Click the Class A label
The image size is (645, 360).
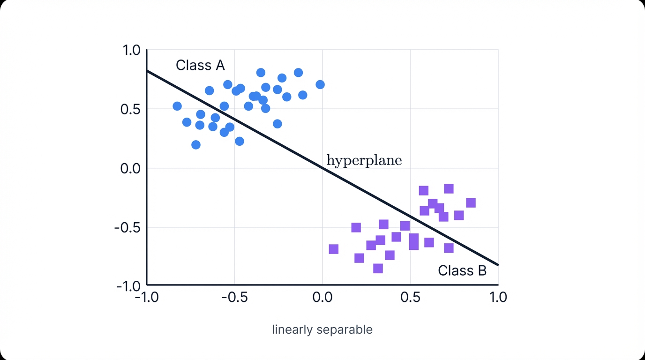(x=200, y=65)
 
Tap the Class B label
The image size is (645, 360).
(x=462, y=270)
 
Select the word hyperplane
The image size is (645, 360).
(x=364, y=161)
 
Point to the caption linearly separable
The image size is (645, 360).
(x=322, y=330)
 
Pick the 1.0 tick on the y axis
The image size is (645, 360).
(x=131, y=50)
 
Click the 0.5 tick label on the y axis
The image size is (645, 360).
(x=130, y=109)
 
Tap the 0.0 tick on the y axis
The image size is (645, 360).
(x=130, y=168)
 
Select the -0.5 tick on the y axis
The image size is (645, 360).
(x=127, y=227)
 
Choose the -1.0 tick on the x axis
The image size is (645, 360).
(x=146, y=297)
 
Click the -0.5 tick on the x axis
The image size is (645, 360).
(x=234, y=297)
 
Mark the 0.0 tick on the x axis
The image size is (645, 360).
(x=322, y=297)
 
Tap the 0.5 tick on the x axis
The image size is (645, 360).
(x=410, y=297)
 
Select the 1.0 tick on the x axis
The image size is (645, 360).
(x=498, y=297)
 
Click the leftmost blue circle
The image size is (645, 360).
(x=177, y=106)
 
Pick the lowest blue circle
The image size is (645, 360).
(x=196, y=145)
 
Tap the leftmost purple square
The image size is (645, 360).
(x=334, y=249)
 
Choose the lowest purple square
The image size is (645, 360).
(x=378, y=269)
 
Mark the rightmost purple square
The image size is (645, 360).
(x=471, y=203)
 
